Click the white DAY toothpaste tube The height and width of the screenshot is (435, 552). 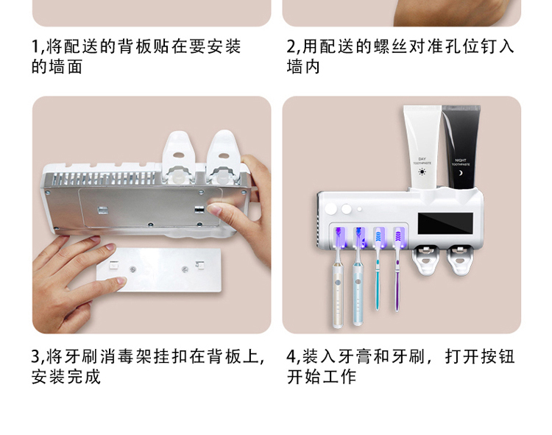point(422,148)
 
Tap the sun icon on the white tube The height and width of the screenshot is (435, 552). point(422,171)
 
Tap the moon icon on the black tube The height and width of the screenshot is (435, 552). point(461,173)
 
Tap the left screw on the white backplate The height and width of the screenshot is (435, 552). point(132,269)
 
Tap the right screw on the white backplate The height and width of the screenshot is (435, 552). point(185,269)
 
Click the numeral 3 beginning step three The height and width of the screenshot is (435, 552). point(36,356)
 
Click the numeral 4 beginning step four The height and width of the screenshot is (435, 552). point(291,356)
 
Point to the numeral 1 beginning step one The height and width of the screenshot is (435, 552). point(35,46)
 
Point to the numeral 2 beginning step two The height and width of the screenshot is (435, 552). point(291,46)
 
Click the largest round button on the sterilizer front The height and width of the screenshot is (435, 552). point(330,208)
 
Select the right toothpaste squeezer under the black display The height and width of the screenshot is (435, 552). point(460,260)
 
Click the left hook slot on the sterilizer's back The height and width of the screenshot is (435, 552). point(103,211)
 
